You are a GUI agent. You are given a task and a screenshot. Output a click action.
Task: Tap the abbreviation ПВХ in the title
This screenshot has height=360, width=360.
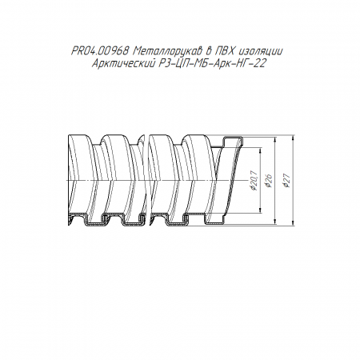tap(226, 51)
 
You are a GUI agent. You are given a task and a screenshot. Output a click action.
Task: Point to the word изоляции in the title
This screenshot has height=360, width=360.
tap(261, 51)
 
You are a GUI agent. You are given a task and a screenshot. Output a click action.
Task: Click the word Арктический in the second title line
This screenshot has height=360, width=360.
tap(123, 64)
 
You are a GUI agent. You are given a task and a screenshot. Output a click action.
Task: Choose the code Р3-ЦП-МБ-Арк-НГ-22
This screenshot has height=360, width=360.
tap(212, 64)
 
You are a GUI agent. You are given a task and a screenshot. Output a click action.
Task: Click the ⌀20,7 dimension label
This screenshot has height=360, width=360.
tap(254, 180)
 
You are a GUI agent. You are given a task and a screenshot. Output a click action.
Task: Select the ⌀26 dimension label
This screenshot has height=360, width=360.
tap(269, 181)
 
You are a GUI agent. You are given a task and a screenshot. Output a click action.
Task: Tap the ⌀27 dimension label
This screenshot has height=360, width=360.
tap(287, 180)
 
